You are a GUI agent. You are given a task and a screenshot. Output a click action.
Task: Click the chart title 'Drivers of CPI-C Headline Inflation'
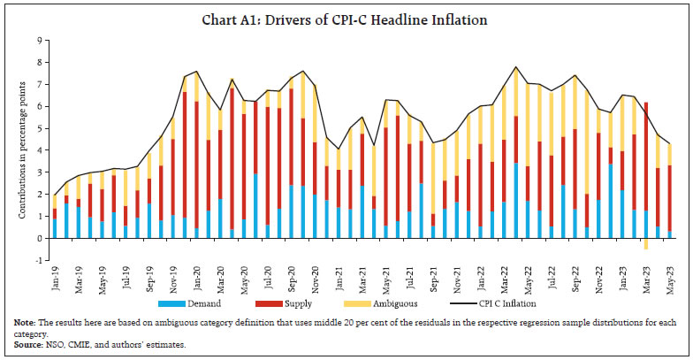click(346, 19)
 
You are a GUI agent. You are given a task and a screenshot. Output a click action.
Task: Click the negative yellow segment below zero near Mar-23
click(646, 244)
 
